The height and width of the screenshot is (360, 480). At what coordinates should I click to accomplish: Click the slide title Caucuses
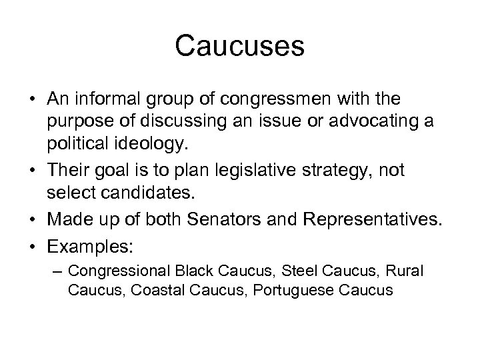[x=240, y=47]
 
